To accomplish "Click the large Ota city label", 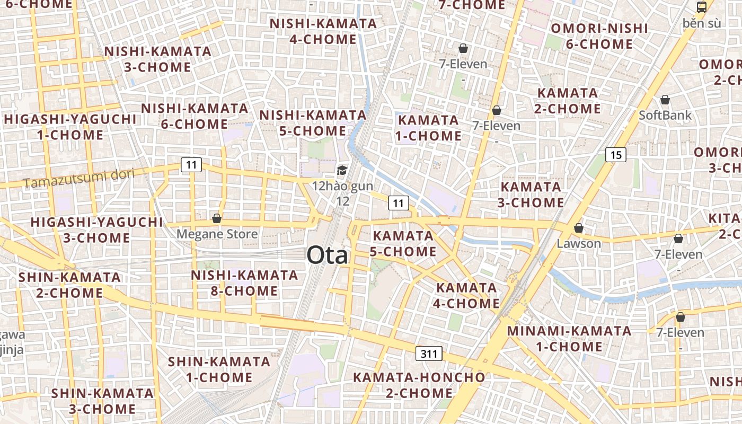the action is [328, 255].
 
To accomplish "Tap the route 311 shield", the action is [428, 354].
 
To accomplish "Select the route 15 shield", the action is [615, 155].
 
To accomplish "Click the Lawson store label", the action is [579, 244].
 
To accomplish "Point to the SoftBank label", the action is [665, 115].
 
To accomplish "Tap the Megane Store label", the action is [217, 234].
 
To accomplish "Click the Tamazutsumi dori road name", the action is [79, 179].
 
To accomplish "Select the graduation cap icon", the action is [342, 171].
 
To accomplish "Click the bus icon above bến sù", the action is [701, 7].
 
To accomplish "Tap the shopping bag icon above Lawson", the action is [579, 228].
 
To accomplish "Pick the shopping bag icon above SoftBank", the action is [665, 100].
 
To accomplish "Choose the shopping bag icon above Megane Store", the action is [216, 218].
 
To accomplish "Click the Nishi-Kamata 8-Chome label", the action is [244, 283].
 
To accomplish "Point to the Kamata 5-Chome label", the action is [403, 243].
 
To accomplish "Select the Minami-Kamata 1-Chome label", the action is [569, 339].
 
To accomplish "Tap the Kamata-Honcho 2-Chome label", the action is [419, 385].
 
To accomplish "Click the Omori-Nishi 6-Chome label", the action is [599, 36].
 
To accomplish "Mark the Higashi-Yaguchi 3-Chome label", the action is [96, 230].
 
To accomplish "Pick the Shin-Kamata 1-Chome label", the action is [219, 369].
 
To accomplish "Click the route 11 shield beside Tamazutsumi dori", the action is [191, 165].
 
